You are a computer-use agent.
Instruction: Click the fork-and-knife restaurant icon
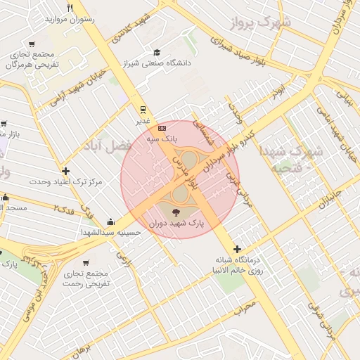click(70, 8)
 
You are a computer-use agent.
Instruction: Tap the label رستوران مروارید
click(70, 19)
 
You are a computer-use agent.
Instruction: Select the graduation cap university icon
click(157, 52)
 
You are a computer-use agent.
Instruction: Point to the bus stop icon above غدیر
click(143, 109)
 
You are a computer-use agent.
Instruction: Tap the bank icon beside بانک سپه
click(162, 128)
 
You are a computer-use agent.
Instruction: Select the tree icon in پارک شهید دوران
click(175, 212)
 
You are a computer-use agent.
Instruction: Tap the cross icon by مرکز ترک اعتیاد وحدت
click(65, 171)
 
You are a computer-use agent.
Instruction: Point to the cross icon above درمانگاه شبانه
click(238, 249)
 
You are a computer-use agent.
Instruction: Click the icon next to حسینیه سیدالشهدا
click(110, 221)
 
